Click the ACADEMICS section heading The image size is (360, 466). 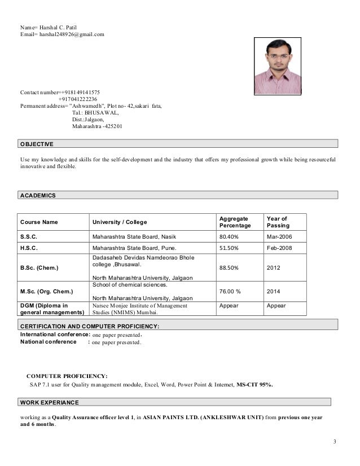38,195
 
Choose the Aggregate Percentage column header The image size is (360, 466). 235,222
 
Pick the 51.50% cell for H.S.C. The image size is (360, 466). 229,248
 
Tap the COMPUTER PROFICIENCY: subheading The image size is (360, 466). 67,375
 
